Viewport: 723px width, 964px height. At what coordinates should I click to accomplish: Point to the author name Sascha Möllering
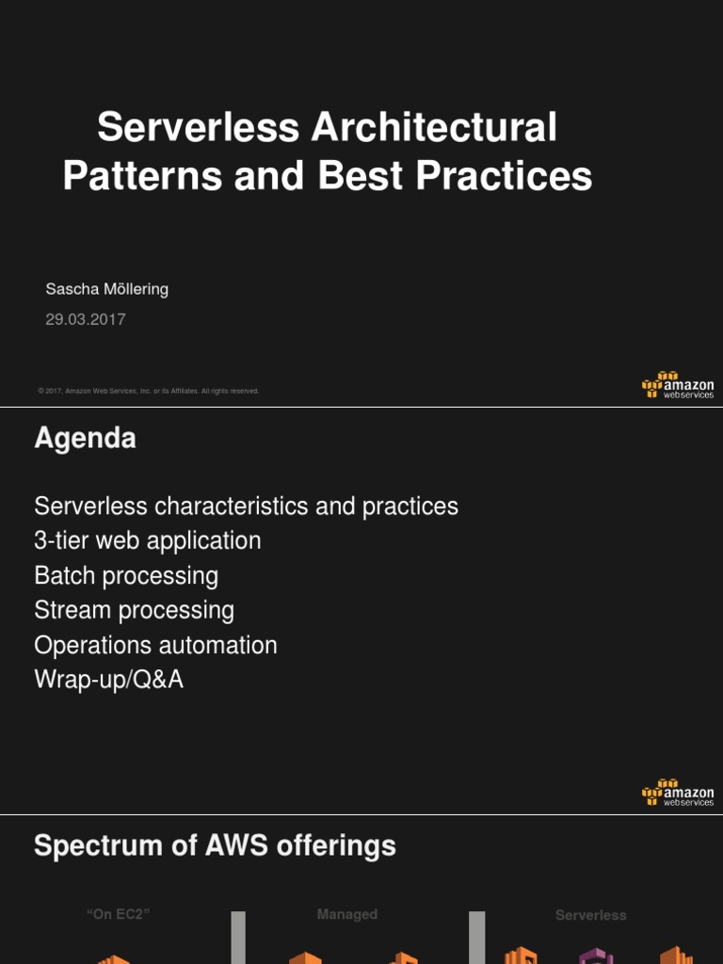pyautogui.click(x=106, y=289)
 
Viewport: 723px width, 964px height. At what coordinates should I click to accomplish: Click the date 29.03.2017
pyautogui.click(x=86, y=319)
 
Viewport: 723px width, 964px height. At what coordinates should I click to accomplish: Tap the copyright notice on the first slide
pyautogui.click(x=148, y=391)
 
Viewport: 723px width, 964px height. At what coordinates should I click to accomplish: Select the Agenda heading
pyautogui.click(x=85, y=438)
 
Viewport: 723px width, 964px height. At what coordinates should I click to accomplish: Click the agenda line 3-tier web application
pyautogui.click(x=147, y=540)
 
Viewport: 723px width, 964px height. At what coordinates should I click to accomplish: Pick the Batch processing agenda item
pyautogui.click(x=126, y=575)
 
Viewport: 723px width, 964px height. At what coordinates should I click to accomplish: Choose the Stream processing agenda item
pyautogui.click(x=134, y=610)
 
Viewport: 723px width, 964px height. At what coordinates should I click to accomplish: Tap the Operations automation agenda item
pyautogui.click(x=155, y=645)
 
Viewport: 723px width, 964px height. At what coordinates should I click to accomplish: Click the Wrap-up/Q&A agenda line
pyautogui.click(x=108, y=680)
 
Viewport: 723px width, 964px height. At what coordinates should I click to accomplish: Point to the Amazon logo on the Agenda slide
pyautogui.click(x=677, y=792)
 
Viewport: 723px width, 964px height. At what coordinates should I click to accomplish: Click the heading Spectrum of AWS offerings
pyautogui.click(x=215, y=845)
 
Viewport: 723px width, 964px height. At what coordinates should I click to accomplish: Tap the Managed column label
pyautogui.click(x=346, y=914)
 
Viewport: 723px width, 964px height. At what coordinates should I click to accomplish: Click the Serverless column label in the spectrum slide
pyautogui.click(x=590, y=915)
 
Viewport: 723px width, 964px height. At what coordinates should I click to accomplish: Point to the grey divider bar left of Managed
pyautogui.click(x=238, y=937)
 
